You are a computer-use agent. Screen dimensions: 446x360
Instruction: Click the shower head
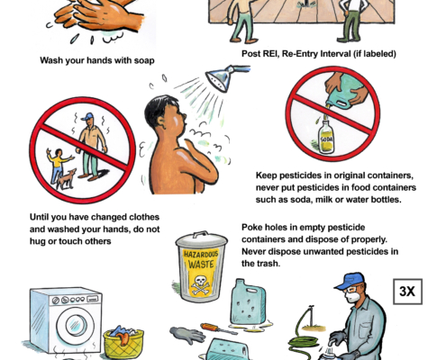(221, 77)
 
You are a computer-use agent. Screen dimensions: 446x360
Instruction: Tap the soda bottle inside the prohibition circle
(326, 137)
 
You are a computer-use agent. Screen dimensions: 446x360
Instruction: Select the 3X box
(407, 292)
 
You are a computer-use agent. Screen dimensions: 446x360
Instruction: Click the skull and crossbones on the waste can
(201, 284)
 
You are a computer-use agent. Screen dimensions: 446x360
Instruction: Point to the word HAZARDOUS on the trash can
(201, 255)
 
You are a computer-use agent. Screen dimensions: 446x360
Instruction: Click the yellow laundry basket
(123, 343)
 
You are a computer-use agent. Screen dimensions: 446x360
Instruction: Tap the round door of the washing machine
(77, 326)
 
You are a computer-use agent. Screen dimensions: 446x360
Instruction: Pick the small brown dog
(66, 179)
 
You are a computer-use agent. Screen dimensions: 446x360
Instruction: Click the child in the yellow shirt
(58, 166)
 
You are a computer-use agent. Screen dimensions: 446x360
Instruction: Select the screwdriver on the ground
(219, 328)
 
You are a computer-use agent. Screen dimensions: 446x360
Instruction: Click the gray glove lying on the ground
(187, 335)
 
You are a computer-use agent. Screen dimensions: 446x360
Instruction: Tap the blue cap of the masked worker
(349, 281)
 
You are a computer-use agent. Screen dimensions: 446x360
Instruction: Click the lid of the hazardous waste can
(202, 239)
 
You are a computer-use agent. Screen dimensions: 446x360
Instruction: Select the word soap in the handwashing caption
(144, 60)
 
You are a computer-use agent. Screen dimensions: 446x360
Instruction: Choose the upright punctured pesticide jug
(248, 302)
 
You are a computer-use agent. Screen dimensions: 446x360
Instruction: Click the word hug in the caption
(38, 241)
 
